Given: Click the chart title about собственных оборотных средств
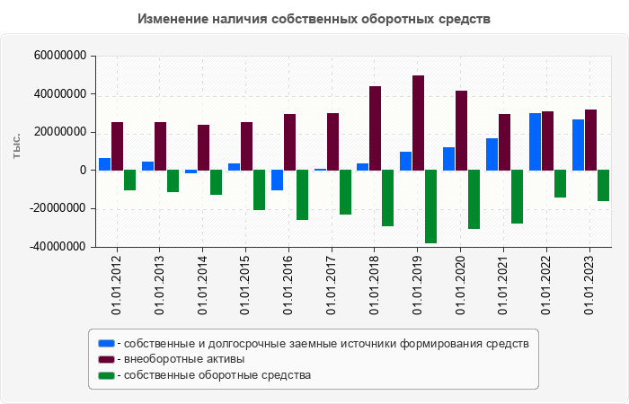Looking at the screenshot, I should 314,19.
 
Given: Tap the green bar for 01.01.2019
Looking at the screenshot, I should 430,206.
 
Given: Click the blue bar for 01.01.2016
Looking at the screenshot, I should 277,180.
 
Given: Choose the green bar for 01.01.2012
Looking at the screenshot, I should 129,180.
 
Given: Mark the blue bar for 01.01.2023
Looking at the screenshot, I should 578,145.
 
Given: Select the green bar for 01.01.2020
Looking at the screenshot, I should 474,199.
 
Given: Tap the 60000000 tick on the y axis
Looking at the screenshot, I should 59,56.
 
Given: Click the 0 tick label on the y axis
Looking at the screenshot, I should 82,170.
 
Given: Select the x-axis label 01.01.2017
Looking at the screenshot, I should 332,285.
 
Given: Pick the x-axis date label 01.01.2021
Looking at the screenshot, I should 504,285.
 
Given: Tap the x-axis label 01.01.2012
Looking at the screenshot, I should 116,285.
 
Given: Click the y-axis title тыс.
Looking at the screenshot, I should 16,146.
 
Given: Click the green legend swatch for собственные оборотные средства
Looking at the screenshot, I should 106,375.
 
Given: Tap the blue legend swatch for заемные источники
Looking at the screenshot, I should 106,343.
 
